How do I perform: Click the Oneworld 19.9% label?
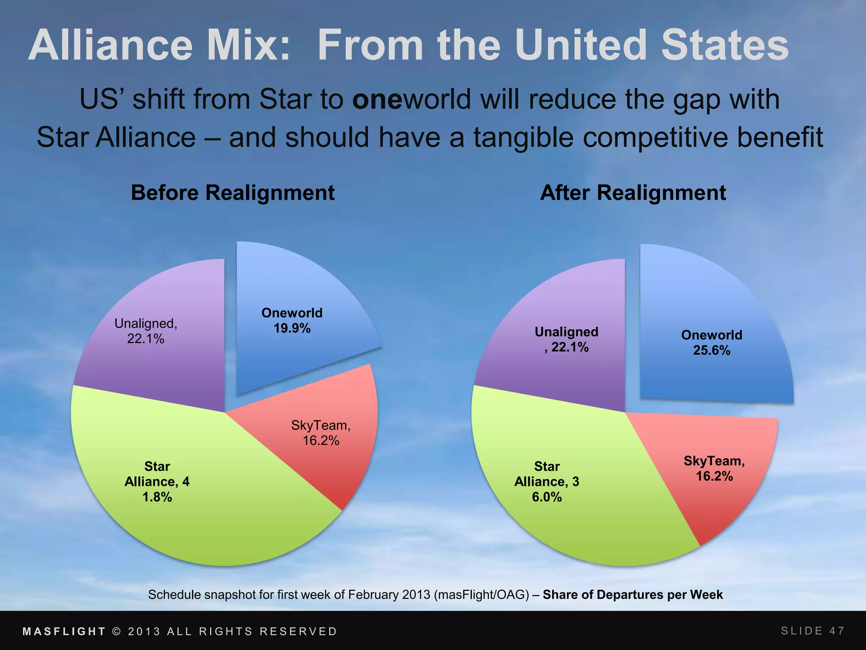click(292, 320)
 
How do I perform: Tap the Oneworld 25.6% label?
click(712, 342)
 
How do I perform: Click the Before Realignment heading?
click(233, 193)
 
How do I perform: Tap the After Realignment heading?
click(633, 193)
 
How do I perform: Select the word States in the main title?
click(725, 45)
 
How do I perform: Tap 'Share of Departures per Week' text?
click(633, 595)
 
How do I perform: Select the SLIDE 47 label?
click(812, 631)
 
